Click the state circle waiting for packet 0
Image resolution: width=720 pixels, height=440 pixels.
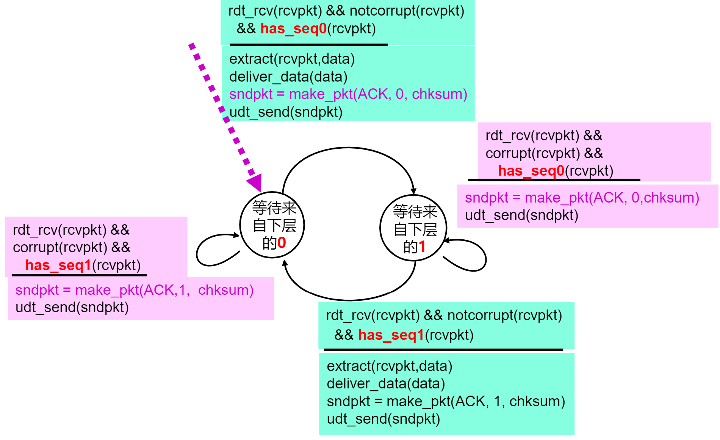coord(272,225)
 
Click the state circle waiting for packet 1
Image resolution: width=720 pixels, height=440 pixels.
coord(413,228)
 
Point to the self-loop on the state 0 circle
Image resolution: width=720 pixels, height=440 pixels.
coord(205,250)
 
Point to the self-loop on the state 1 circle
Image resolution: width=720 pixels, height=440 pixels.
coord(478,256)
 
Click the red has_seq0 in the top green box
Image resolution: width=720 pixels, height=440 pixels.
coord(293,29)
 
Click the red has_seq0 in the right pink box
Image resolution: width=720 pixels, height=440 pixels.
coord(531,171)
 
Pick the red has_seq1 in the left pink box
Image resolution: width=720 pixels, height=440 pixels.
coord(58,266)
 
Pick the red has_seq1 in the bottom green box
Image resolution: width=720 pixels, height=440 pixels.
coord(391,335)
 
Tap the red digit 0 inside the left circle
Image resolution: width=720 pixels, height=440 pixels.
coord(282,243)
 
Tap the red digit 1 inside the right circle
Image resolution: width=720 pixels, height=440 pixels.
coord(422,247)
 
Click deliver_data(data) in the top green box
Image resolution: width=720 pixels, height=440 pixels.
coord(288,77)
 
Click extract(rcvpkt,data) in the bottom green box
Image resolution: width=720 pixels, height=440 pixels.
coord(390,366)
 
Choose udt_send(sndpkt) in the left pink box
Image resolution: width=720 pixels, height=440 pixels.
coord(72,308)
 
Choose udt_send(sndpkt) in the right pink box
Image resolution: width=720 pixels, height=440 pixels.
coord(521,215)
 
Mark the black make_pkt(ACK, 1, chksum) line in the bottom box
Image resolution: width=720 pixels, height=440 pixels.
coord(446,402)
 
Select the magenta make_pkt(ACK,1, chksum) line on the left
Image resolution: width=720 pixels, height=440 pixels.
coord(134,290)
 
